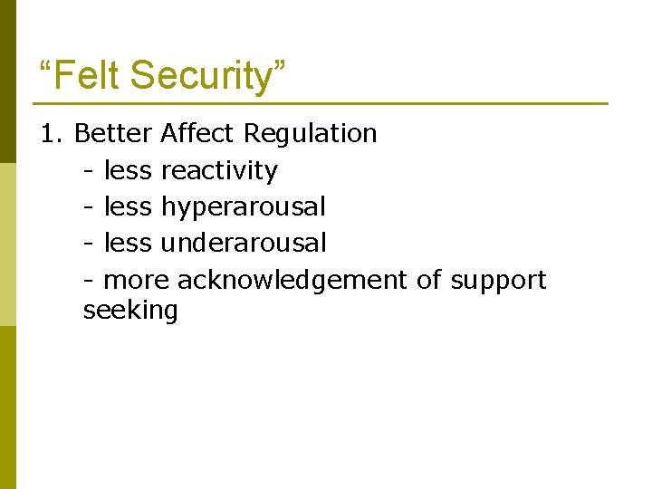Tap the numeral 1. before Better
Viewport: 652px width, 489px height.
click(x=53, y=134)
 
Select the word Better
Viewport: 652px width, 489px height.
click(x=113, y=134)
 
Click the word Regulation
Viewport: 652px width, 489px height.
click(x=312, y=134)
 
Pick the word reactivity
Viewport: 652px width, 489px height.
click(x=219, y=170)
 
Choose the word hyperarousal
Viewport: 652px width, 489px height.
click(x=243, y=207)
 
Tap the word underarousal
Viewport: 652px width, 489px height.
click(x=244, y=243)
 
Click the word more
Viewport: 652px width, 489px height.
click(x=137, y=280)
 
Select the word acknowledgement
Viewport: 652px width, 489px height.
click(x=292, y=280)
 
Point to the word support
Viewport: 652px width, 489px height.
click(x=498, y=280)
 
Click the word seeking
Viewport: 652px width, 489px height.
click(x=130, y=311)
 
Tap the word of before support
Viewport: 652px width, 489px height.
click(x=428, y=280)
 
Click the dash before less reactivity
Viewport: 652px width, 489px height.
click(x=88, y=171)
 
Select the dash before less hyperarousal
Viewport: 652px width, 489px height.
click(x=88, y=207)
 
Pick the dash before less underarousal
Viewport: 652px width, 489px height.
click(x=88, y=244)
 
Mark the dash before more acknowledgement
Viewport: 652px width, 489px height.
click(x=88, y=281)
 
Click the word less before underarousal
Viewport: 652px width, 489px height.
click(x=128, y=243)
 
